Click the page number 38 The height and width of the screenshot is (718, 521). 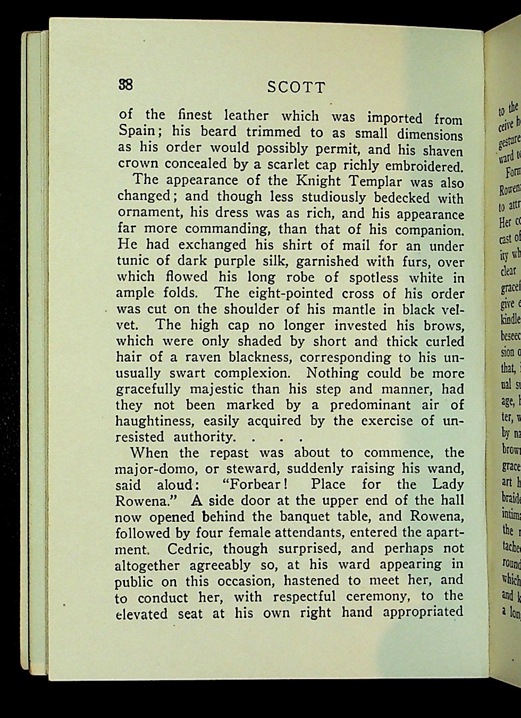pos(126,85)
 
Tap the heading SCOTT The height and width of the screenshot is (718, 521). pos(296,87)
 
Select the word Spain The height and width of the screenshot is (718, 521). pos(136,131)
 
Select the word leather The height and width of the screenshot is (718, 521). pos(245,115)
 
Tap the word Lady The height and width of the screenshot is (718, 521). pos(448,485)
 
